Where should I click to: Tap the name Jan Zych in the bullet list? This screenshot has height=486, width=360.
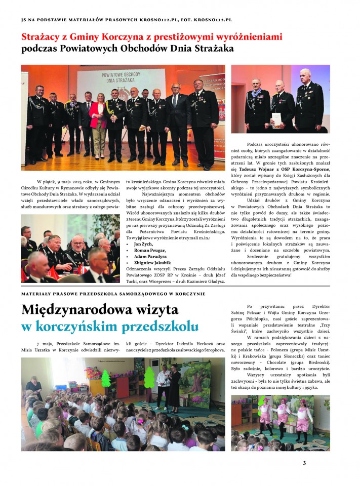coord(143,244)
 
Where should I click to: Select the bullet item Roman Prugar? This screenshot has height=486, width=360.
coord(149,250)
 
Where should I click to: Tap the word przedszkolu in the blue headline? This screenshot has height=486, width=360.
coord(161,327)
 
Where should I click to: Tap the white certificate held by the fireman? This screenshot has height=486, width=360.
coord(276,119)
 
